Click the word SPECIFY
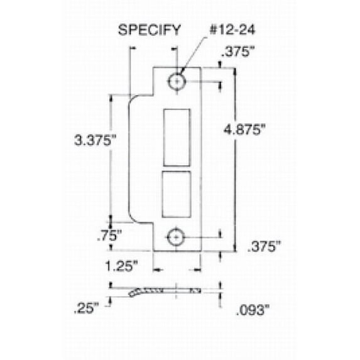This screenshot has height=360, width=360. click(x=150, y=29)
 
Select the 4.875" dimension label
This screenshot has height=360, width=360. click(x=246, y=128)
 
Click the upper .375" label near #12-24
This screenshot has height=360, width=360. click(x=243, y=52)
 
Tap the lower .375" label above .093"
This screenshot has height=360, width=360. click(x=258, y=246)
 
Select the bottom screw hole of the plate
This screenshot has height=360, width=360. click(x=177, y=236)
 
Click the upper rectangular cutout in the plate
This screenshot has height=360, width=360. click(x=175, y=136)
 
